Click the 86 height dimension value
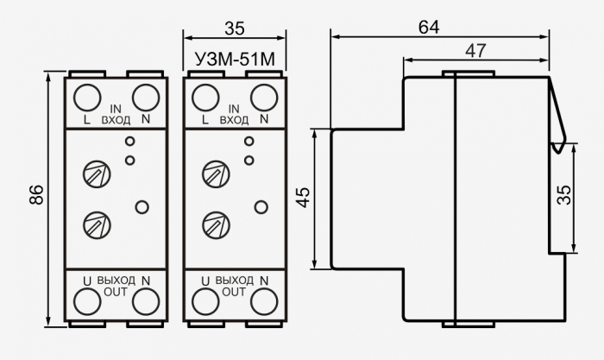36,194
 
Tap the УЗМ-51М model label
235,60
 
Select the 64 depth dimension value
429,27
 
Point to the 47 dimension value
476,51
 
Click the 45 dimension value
304,198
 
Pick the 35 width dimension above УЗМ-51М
235,28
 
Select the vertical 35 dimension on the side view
564,195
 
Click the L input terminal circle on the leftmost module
87,98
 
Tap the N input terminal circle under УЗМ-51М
264,98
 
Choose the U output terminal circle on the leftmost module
87,301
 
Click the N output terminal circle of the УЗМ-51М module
264,301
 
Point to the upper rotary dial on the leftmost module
97,174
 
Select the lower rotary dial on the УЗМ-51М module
216,224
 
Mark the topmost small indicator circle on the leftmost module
130,141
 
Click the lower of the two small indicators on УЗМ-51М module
249,160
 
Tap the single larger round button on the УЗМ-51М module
261,207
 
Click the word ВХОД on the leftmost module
116,120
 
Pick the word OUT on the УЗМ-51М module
234,292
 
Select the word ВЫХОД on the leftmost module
116,281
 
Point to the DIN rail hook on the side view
558,116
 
